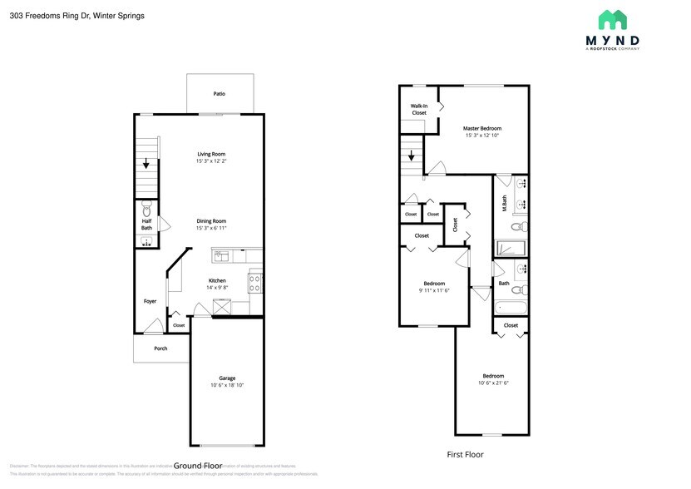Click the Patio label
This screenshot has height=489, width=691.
[220, 94]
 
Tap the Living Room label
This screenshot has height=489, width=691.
[211, 154]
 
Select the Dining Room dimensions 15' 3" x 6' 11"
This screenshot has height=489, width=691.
[211, 228]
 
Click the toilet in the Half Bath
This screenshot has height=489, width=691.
[146, 207]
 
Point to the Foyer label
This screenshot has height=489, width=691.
[150, 301]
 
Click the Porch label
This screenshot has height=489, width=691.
[160, 348]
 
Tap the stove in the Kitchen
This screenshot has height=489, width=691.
[256, 283]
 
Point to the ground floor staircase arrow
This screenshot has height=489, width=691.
[147, 164]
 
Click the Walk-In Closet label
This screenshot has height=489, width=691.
[418, 109]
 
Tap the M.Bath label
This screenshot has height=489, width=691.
[505, 203]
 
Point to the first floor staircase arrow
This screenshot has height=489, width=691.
[411, 156]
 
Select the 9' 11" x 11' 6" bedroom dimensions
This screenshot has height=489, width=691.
[434, 291]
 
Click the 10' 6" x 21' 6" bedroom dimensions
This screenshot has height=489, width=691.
[491, 383]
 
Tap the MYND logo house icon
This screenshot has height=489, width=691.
[613, 21]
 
